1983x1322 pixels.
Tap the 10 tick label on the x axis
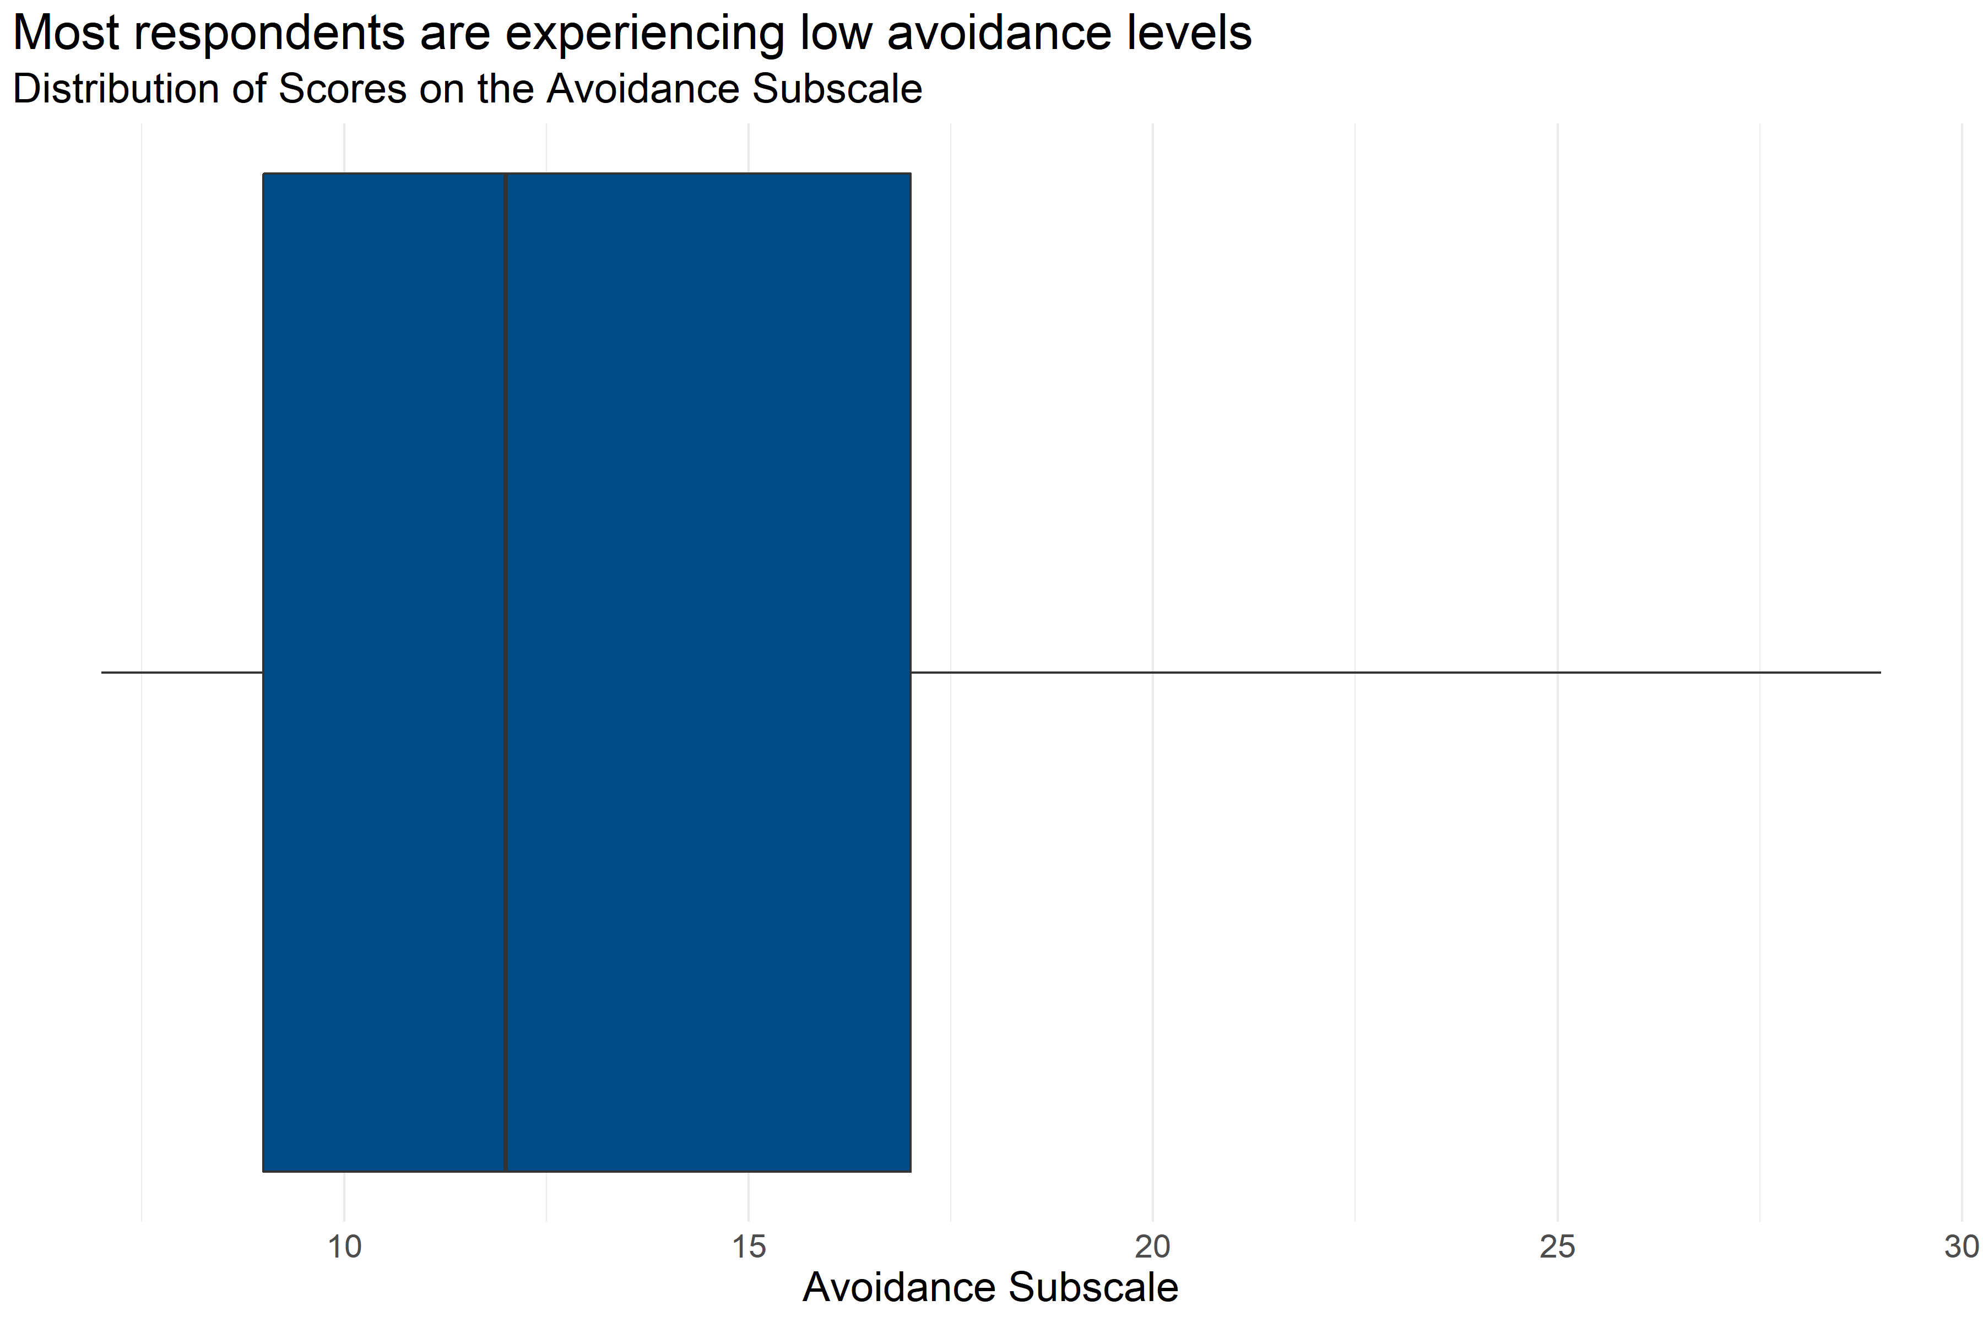344,1246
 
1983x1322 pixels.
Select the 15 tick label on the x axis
749,1246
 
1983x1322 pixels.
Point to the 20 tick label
1152,1246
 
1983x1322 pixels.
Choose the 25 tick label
1557,1246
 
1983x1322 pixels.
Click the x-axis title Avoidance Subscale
990,1287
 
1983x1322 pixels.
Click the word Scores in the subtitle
342,89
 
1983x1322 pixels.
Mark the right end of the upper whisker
1880,672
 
